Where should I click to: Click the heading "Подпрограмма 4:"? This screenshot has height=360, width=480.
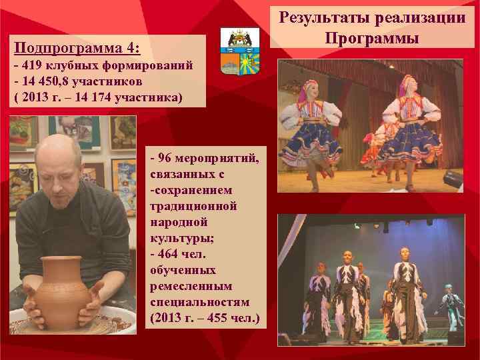(77, 48)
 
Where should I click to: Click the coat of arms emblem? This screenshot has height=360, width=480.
(239, 51)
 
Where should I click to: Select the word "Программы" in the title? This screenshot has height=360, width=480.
(372, 38)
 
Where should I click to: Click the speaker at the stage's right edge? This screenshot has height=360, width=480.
(453, 179)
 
